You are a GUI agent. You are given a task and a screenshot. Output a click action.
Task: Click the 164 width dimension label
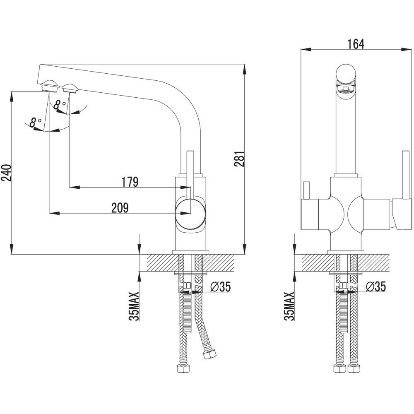[356, 44]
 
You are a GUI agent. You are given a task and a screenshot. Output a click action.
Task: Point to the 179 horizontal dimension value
[130, 182]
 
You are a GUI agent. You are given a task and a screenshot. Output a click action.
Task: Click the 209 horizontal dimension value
[120, 208]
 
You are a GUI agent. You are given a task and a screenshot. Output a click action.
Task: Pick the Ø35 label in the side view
[220, 286]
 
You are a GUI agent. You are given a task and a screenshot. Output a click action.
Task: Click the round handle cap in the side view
[190, 213]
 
